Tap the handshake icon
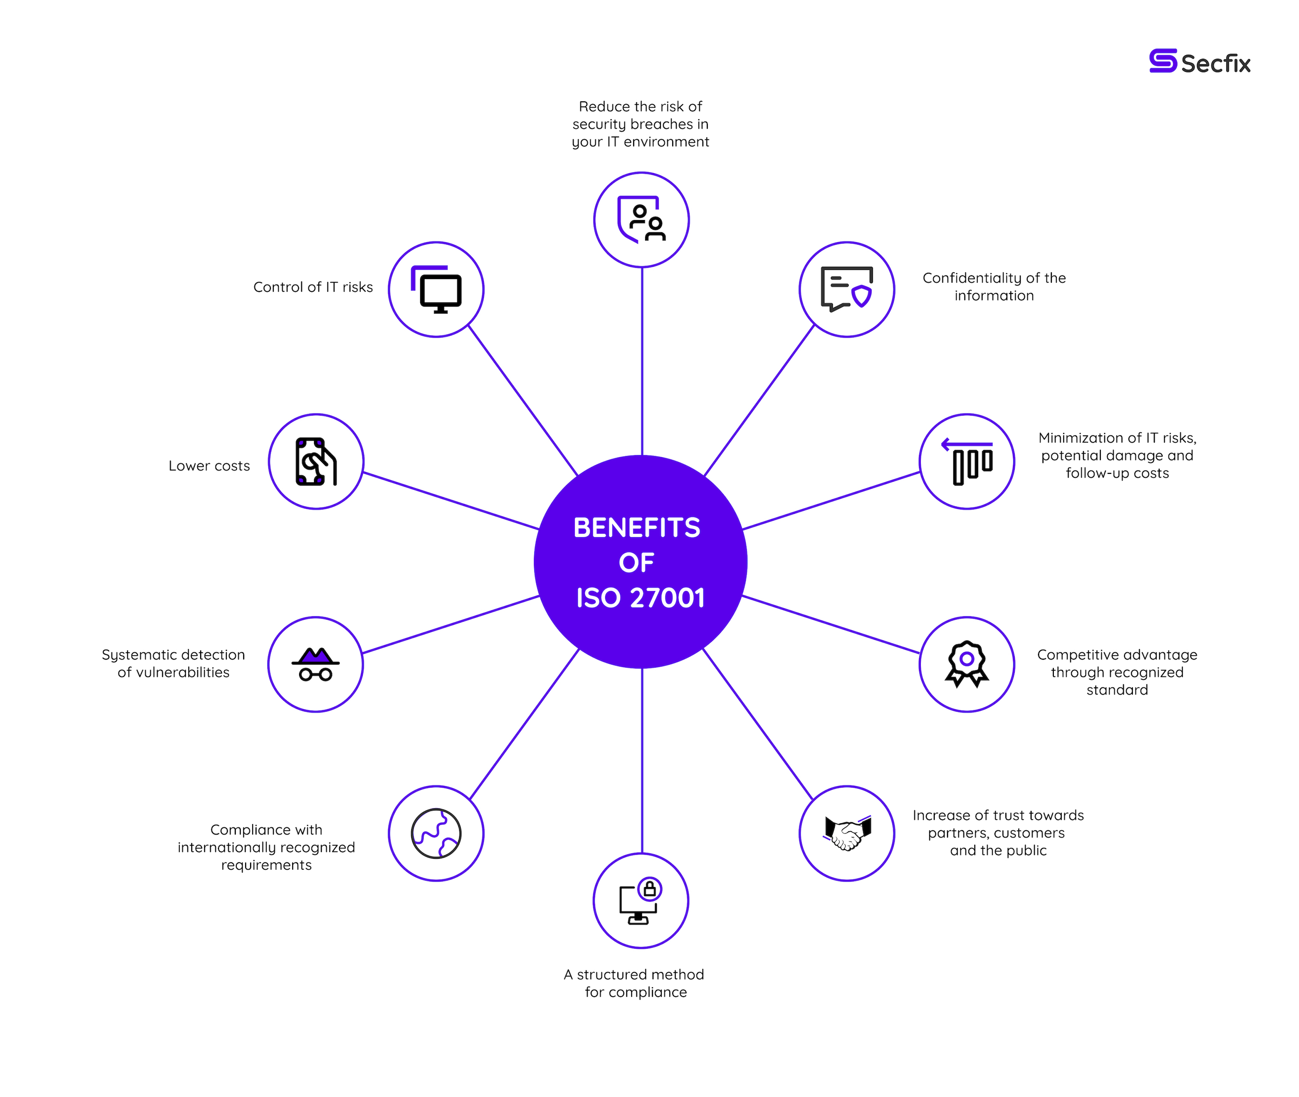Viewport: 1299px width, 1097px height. click(x=847, y=833)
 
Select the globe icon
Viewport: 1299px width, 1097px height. click(x=436, y=833)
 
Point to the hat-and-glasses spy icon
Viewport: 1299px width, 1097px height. click(x=315, y=664)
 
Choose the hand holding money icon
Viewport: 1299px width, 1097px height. click(x=315, y=462)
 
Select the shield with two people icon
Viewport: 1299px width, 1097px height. click(x=642, y=219)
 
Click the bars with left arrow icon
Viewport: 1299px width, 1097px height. click(x=967, y=462)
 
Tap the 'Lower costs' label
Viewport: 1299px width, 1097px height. click(x=209, y=466)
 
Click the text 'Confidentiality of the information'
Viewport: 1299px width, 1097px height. click(x=994, y=287)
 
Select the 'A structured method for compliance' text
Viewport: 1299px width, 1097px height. click(x=635, y=983)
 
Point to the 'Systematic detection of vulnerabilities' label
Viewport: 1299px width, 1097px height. click(x=173, y=664)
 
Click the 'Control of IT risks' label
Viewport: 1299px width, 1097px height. click(x=313, y=287)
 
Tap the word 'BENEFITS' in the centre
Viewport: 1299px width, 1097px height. click(x=637, y=528)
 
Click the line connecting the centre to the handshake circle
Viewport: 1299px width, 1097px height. click(x=758, y=724)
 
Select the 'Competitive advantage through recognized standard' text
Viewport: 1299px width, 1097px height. click(x=1117, y=672)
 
